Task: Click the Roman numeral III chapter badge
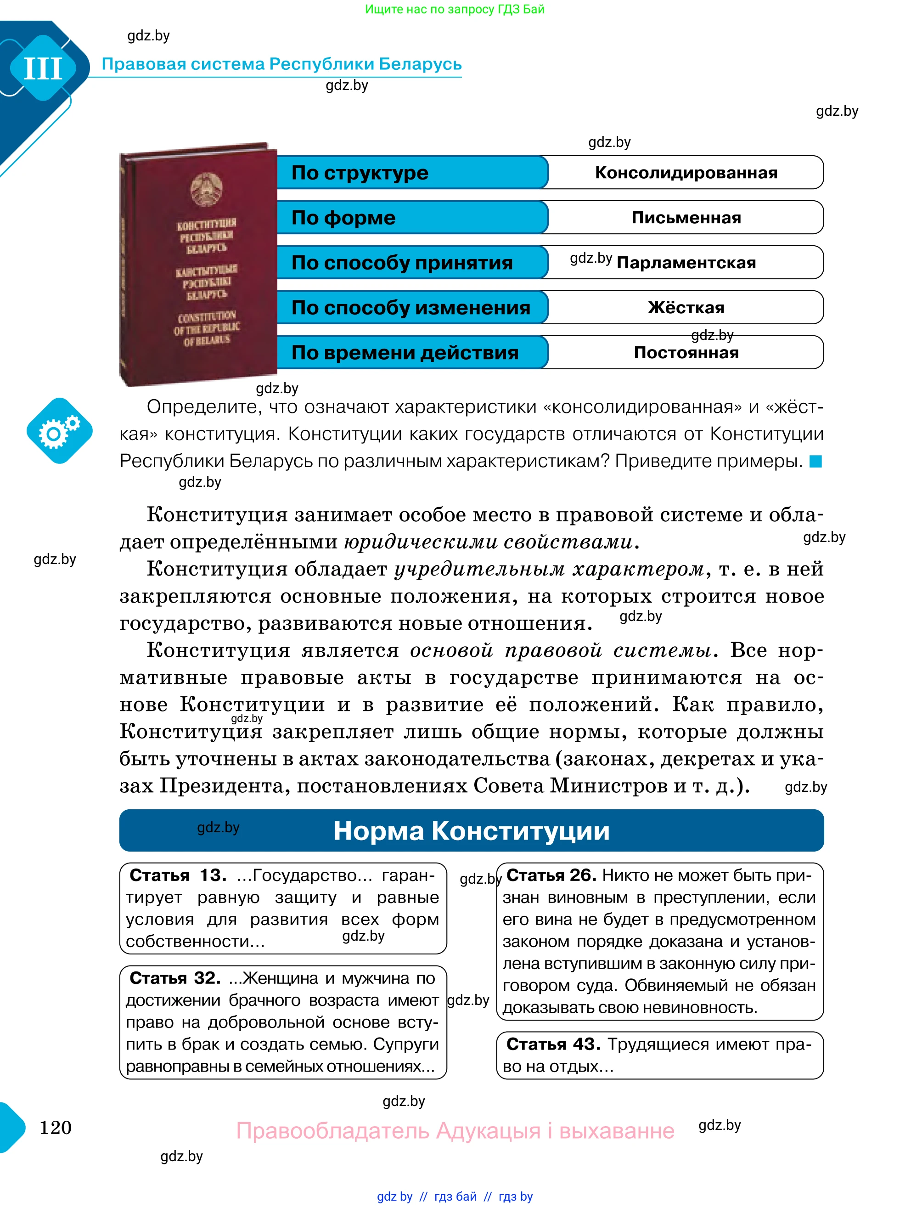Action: [43, 68]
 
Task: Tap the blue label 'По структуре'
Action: [360, 173]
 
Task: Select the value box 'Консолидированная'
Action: [686, 173]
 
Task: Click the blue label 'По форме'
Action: [343, 217]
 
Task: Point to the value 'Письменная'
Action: [686, 217]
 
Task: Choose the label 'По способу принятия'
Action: [402, 263]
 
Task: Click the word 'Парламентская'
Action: [686, 263]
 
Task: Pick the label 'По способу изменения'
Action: [411, 307]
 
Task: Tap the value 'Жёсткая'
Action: [686, 307]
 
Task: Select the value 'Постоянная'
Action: [686, 353]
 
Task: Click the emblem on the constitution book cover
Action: [206, 189]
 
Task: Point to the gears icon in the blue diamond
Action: [59, 431]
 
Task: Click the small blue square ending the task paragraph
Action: [815, 462]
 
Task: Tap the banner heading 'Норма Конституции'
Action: [471, 830]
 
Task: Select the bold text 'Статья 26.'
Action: [551, 875]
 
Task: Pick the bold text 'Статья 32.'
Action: [174, 978]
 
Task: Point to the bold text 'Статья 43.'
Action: [553, 1044]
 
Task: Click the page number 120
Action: [56, 1127]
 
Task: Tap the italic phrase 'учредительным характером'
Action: [549, 569]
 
